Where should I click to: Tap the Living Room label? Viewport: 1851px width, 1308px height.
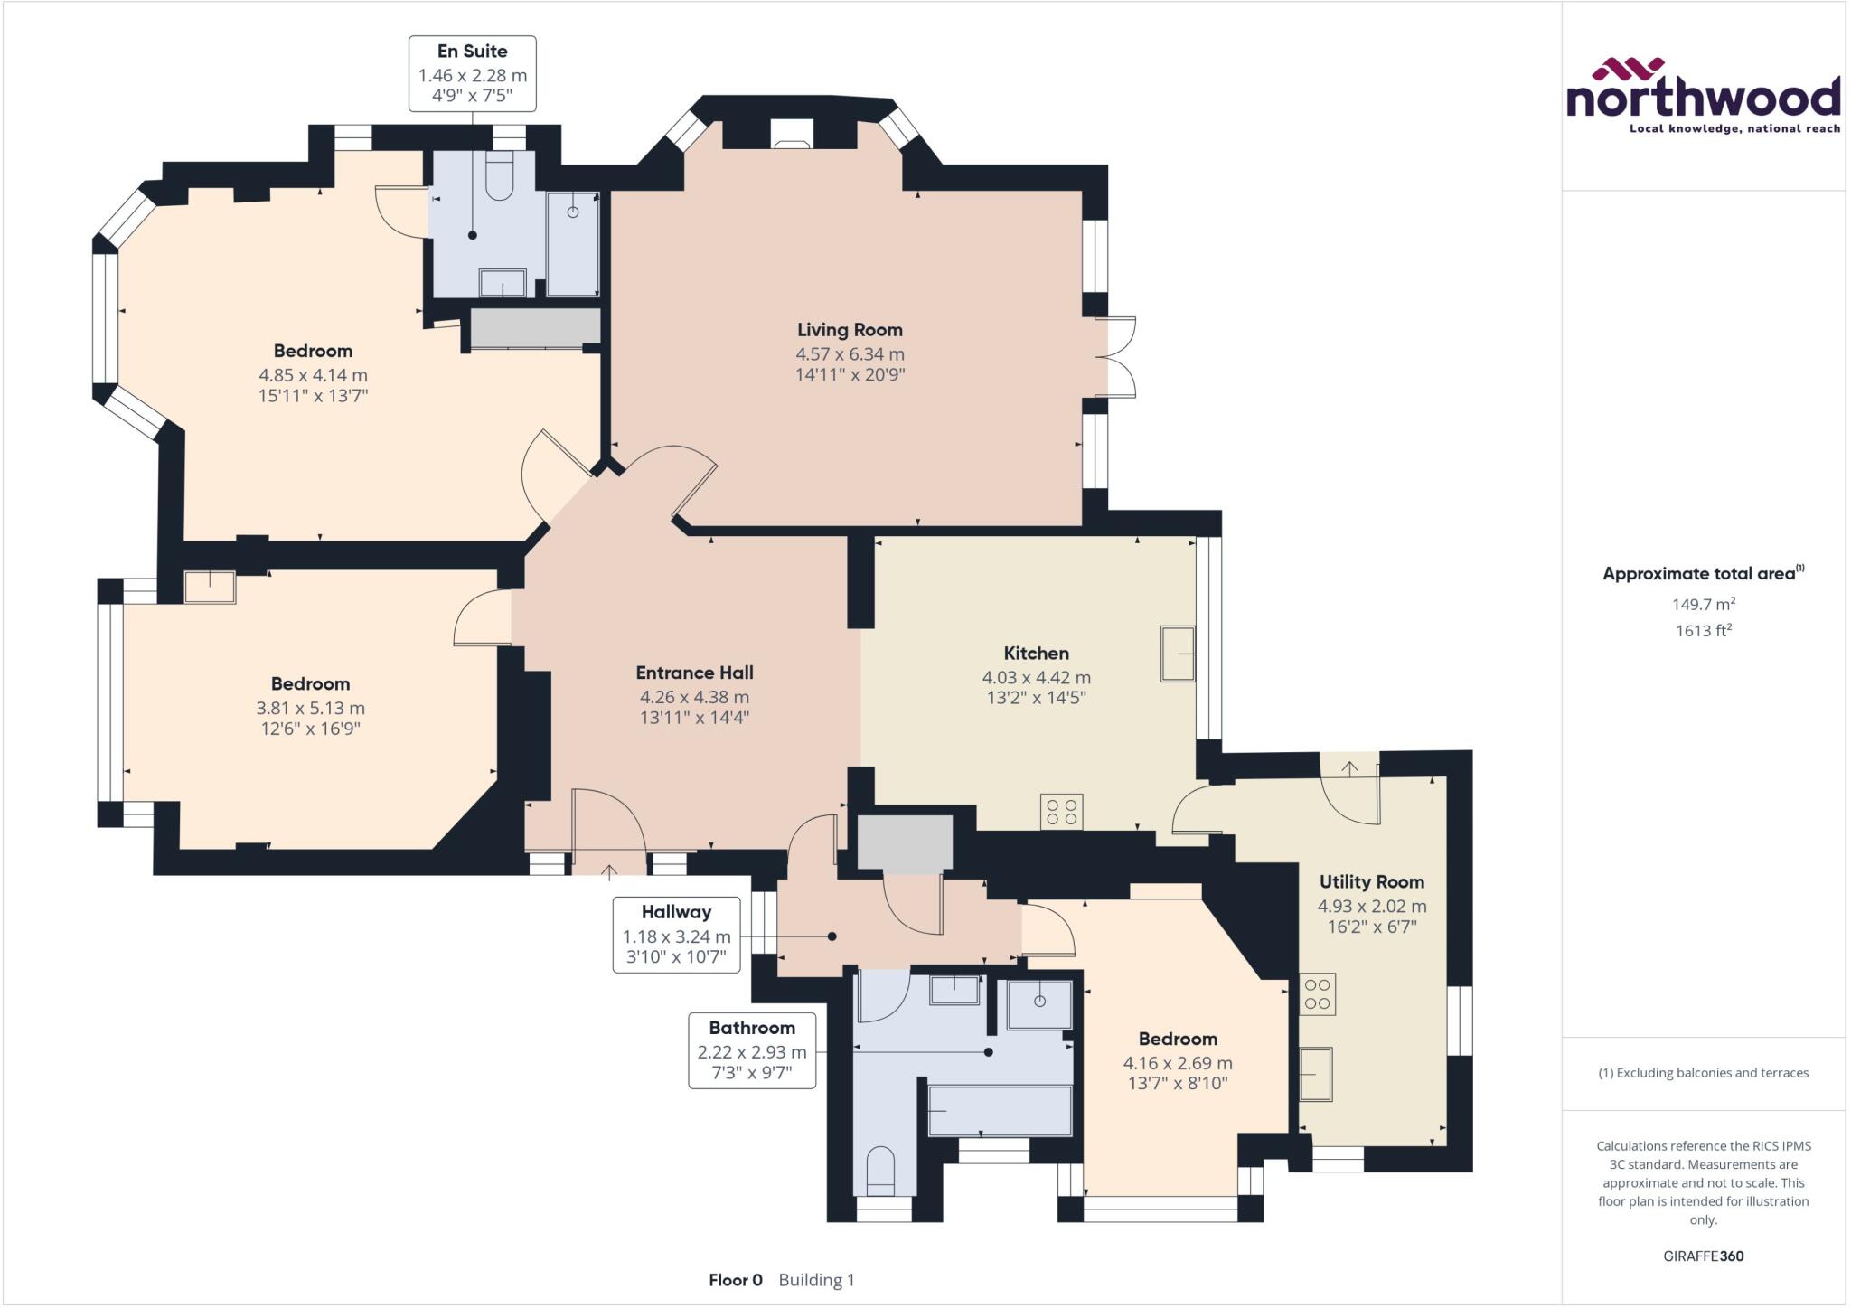click(850, 330)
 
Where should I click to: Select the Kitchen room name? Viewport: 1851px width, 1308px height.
click(1036, 654)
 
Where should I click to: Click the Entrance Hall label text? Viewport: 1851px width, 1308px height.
click(694, 673)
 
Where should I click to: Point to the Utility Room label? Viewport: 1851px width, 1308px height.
click(1371, 882)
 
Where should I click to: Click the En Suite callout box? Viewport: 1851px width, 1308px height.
click(472, 74)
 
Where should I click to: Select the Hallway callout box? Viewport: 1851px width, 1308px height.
click(676, 935)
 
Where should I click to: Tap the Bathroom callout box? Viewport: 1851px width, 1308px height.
click(752, 1050)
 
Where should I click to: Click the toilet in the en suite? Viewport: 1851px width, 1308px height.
click(499, 175)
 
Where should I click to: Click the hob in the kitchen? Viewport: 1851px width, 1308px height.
click(1061, 811)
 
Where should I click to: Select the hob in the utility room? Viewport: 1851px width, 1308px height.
click(1318, 994)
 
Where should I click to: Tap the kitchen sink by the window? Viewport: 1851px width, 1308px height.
click(1178, 653)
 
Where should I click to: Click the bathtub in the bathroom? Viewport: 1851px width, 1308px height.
click(1000, 1110)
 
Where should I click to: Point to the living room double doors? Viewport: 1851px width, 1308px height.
click(1119, 357)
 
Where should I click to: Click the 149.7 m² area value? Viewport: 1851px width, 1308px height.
click(1703, 604)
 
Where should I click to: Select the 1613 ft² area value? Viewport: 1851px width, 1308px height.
click(1703, 630)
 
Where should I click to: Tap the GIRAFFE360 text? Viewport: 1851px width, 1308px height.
click(1703, 1256)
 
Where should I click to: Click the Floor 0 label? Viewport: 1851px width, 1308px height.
click(736, 1280)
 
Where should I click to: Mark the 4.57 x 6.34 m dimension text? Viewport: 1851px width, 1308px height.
click(850, 354)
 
